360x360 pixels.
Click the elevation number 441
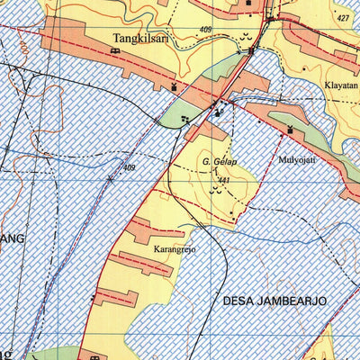click(x=224, y=180)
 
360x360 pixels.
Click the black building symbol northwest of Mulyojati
click(x=291, y=130)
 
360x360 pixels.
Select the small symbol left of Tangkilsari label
click(x=114, y=51)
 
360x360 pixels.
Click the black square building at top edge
click(x=250, y=4)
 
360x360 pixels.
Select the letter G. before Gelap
click(x=205, y=162)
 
